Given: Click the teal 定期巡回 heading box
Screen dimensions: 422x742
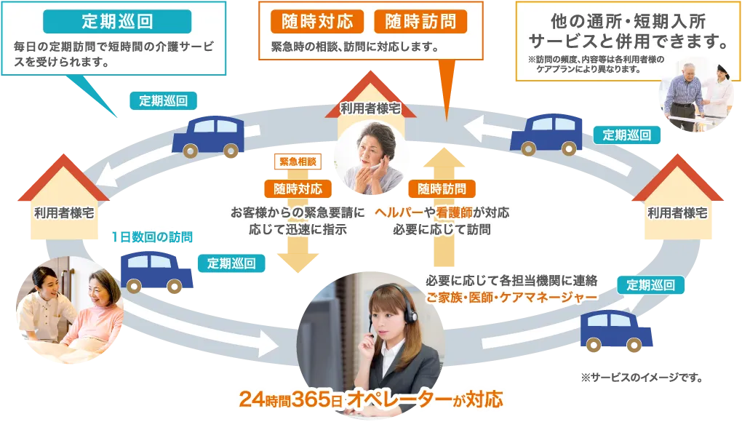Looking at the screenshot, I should click(x=117, y=21).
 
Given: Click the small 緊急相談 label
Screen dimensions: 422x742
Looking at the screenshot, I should click(x=295, y=162).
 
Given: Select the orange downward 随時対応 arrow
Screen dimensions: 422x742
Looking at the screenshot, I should click(x=298, y=255).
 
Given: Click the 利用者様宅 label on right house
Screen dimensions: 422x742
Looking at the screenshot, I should click(x=677, y=213).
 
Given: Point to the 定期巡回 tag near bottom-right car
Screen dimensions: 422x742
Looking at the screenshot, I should click(x=651, y=284).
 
